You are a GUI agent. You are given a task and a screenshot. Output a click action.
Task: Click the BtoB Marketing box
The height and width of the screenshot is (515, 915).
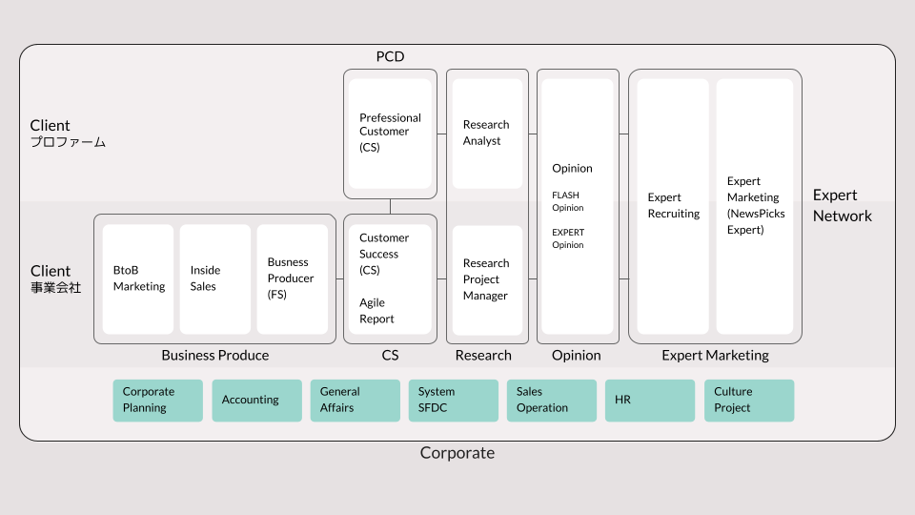point(137,279)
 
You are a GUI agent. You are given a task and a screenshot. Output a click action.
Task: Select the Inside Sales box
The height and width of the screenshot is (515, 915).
point(214,279)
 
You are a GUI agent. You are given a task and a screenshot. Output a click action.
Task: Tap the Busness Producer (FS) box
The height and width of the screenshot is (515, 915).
point(293,279)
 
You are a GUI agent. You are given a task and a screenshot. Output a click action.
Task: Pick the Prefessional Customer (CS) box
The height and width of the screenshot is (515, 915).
point(390,134)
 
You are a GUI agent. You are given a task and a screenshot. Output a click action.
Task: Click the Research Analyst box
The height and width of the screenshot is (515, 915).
point(487,134)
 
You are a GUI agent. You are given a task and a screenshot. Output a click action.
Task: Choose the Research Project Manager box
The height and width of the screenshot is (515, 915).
point(487,280)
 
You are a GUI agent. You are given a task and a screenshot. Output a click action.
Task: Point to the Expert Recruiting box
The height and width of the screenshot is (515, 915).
point(673,207)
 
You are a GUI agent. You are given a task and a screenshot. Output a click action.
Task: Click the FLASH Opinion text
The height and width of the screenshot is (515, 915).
point(567,201)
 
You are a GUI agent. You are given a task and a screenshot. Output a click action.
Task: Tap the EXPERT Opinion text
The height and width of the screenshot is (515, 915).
point(568,238)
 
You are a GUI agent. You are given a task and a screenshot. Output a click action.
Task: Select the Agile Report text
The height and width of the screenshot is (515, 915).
point(376,311)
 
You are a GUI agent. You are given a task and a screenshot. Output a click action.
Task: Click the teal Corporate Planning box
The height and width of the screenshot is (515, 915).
point(157,401)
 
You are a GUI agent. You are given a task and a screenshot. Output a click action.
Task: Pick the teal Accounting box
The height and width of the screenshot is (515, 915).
point(256,401)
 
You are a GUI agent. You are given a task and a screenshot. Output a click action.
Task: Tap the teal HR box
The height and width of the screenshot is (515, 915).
point(649,401)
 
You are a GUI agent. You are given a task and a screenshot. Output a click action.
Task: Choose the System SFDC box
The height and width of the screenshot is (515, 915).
point(454,401)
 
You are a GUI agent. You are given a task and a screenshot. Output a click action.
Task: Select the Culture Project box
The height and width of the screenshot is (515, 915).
point(749,401)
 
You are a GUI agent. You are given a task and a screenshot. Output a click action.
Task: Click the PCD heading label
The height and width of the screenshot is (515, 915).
point(390,56)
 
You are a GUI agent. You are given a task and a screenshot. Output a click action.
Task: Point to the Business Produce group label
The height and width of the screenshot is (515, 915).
point(214,355)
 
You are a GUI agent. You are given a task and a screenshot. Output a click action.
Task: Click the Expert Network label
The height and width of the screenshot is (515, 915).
point(842,206)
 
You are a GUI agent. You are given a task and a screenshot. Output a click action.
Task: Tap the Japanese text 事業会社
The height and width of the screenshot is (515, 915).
point(55,287)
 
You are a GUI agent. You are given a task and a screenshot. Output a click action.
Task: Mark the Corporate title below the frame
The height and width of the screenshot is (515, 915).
point(457,453)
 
